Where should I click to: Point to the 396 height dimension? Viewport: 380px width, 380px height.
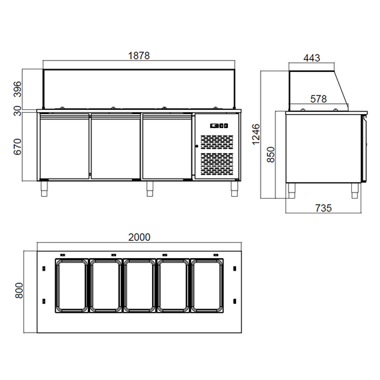18,88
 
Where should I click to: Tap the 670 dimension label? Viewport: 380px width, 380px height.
18,145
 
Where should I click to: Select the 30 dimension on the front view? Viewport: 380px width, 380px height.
18,111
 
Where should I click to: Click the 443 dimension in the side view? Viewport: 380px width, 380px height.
311,58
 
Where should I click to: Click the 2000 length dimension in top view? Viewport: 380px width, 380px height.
140,237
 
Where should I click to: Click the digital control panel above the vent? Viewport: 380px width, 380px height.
219,126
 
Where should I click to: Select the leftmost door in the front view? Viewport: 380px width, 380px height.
64,147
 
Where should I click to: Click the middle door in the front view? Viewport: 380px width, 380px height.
115,147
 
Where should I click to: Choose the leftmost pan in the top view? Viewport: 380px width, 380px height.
70,285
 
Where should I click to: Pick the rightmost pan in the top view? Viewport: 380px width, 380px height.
207,285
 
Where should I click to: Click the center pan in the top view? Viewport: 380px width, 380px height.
138,285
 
